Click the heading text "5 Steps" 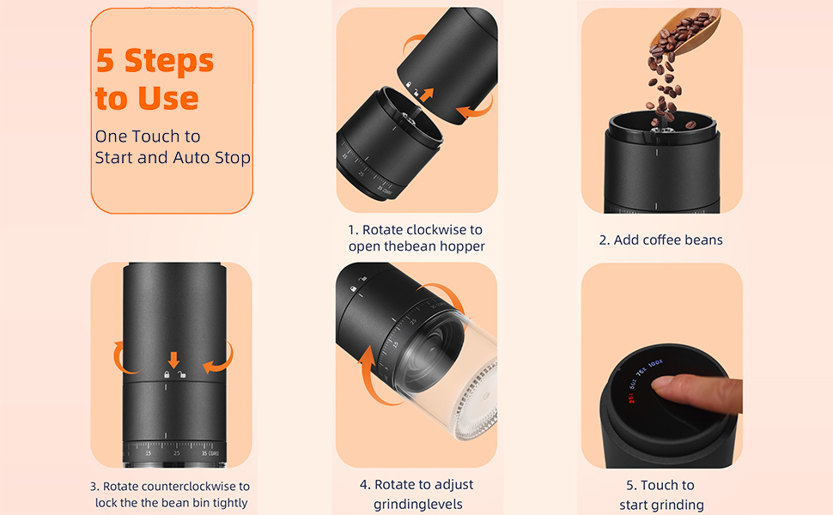point(155,61)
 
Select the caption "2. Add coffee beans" point(661,240)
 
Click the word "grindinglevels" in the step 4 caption point(417,505)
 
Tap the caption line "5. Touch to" point(660,485)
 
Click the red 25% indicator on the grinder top point(632,397)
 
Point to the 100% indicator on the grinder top point(655,364)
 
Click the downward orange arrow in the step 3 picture point(173,360)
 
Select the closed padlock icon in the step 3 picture point(167,374)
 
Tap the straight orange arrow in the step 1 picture point(426,95)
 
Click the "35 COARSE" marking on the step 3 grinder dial point(210,454)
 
